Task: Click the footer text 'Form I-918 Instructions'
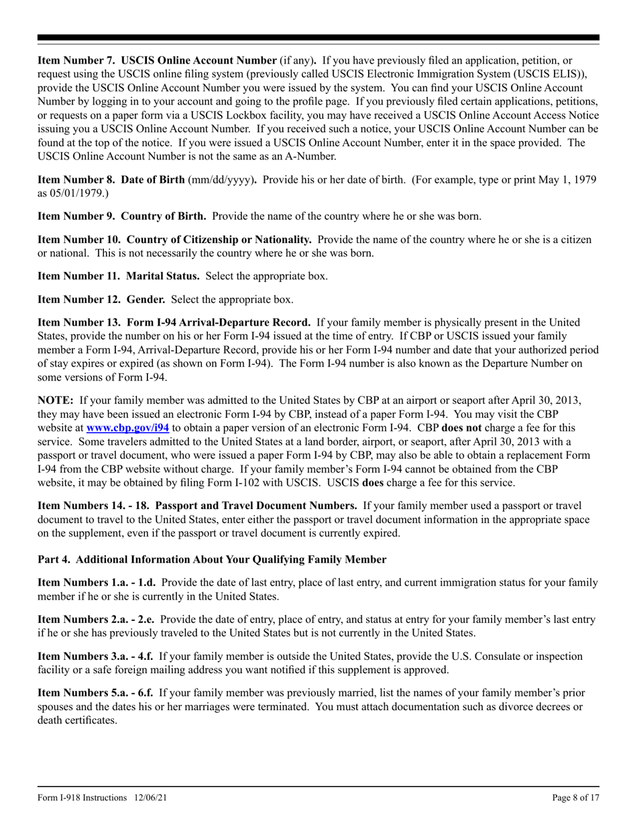point(82,797)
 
